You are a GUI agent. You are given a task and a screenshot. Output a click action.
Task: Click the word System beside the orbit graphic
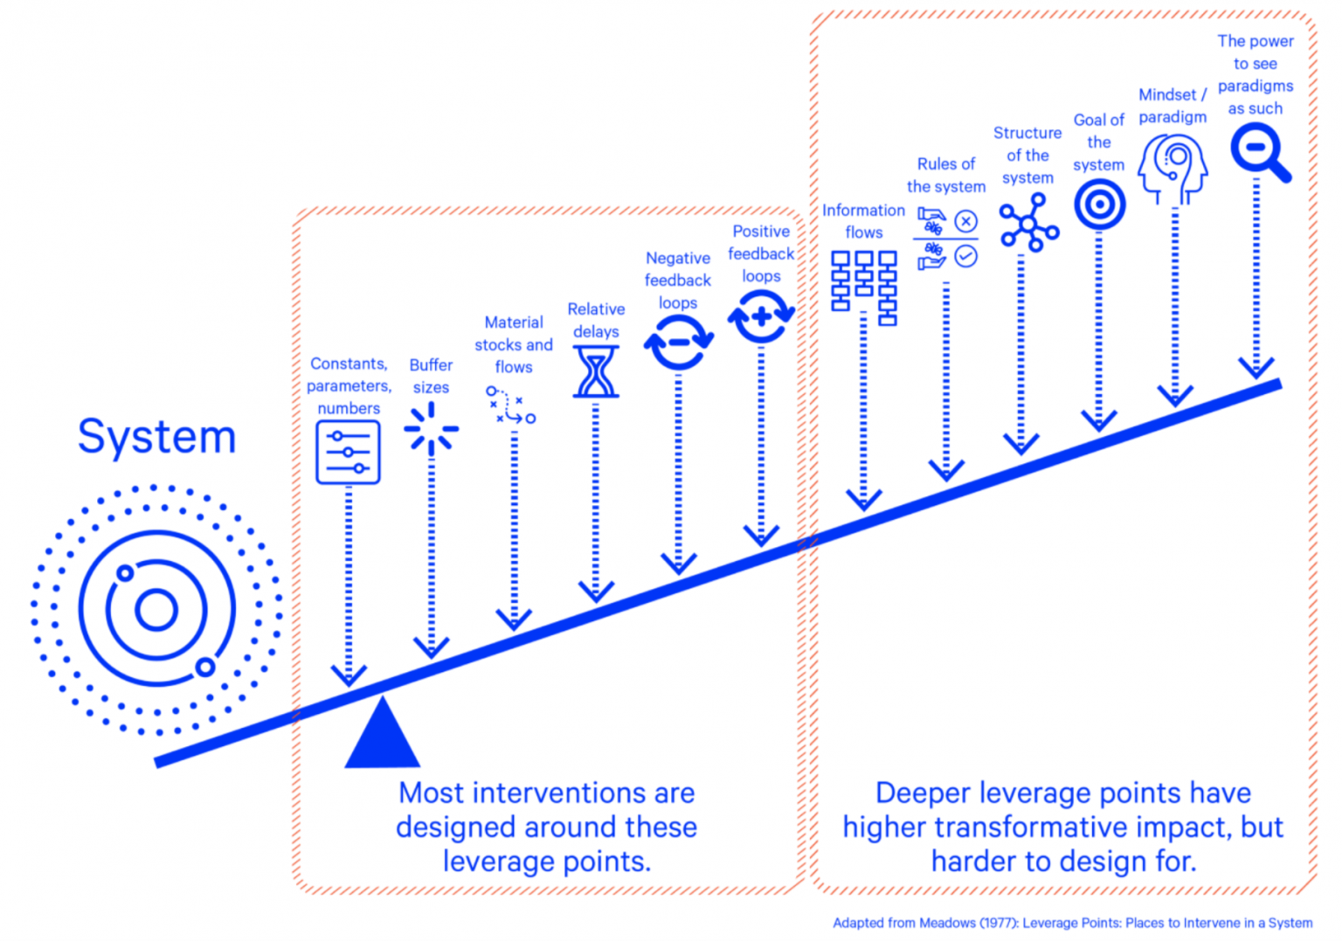pos(157,436)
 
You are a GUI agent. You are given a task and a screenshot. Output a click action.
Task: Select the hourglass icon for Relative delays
pos(596,371)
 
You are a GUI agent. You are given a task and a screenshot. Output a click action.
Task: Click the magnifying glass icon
pos(1259,151)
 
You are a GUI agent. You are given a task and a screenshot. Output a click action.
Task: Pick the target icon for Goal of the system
pos(1099,204)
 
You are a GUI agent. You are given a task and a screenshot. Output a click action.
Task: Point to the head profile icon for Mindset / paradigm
pos(1173,168)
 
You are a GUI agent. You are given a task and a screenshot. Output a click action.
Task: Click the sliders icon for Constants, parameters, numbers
pos(348,452)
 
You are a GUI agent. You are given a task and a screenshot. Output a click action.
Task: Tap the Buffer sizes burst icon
pos(431,429)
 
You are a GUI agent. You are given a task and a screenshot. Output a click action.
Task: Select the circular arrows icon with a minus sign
pos(679,342)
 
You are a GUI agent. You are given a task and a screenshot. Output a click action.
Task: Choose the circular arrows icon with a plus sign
pos(761,316)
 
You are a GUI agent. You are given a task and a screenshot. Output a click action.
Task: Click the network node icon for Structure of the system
pos(1028,224)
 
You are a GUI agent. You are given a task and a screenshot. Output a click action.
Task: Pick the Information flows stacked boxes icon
pos(863,286)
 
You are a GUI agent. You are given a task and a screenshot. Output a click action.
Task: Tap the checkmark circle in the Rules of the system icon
pos(965,256)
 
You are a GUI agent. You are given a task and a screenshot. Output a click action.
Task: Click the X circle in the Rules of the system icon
pos(965,221)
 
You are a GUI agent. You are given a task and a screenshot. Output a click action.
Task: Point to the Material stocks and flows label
pos(514,344)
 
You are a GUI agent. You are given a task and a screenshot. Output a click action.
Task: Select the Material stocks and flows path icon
pos(511,405)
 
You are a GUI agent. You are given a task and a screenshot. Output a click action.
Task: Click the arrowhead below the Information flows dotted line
pos(863,500)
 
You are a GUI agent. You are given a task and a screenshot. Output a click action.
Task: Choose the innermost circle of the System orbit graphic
pos(156,610)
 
